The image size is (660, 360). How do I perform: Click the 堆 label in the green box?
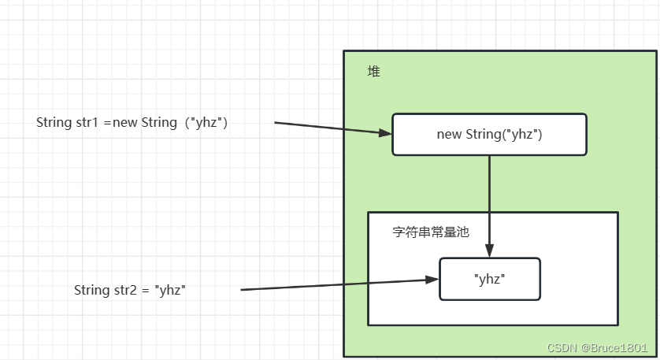tap(374, 72)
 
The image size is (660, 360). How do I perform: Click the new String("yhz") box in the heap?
tap(489, 134)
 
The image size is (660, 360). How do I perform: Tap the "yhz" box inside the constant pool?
tap(489, 279)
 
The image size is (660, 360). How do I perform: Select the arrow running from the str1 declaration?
tap(331, 128)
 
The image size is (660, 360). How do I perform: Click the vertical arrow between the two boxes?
tap(490, 201)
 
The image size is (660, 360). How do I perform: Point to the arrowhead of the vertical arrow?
tap(490, 251)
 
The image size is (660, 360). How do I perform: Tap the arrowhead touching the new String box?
tap(384, 133)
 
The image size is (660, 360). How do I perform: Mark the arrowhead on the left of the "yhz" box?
tap(432, 280)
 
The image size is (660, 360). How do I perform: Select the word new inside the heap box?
tap(449, 134)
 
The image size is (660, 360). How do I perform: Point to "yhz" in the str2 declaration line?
tap(171, 290)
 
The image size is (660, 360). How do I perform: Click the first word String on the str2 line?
tap(93, 290)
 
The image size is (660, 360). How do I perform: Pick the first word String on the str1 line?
tap(55, 123)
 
